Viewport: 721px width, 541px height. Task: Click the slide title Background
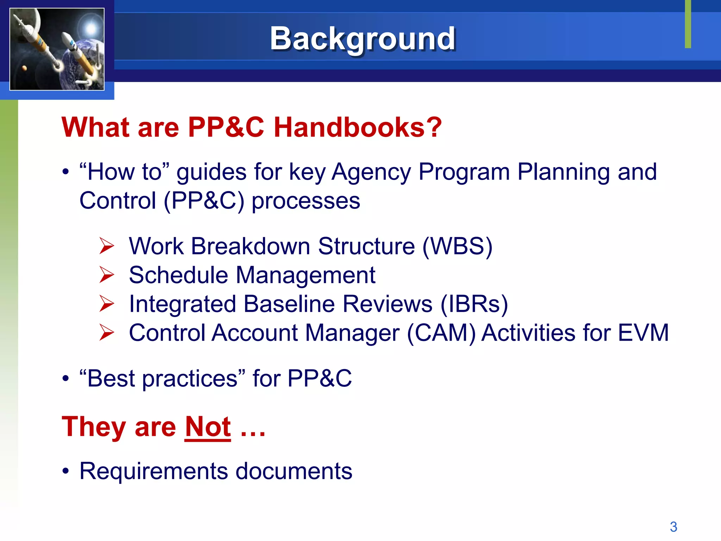(x=362, y=39)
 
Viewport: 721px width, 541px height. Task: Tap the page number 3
(x=673, y=527)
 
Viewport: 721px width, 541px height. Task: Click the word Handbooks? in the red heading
(x=357, y=127)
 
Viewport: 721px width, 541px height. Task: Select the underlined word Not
(x=208, y=427)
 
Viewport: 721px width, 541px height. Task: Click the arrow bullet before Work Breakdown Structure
(x=106, y=246)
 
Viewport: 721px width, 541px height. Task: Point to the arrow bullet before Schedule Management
(x=106, y=275)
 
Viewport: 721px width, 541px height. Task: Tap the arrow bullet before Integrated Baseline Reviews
(x=106, y=304)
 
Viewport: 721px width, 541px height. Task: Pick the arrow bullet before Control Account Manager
(x=106, y=332)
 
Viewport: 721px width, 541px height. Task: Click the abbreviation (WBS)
(x=457, y=246)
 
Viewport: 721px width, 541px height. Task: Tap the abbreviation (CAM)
(x=441, y=333)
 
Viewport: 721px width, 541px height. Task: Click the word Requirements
(x=153, y=471)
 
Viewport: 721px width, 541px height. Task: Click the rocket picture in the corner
(x=57, y=49)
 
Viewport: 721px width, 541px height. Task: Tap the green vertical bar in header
(x=688, y=24)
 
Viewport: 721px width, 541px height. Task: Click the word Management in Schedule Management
(x=305, y=275)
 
